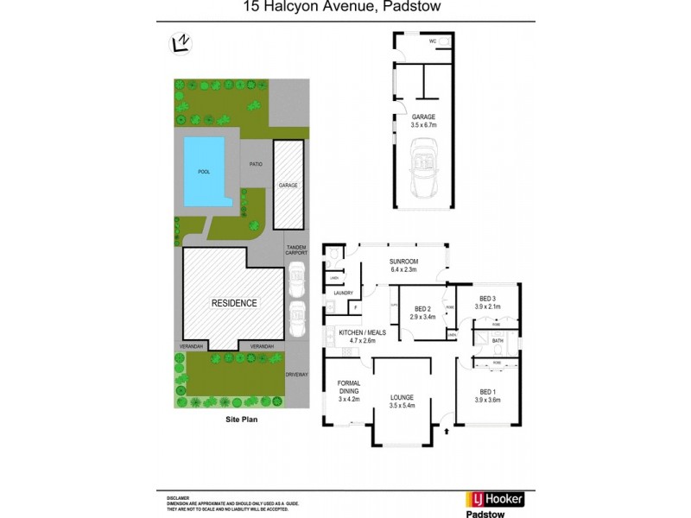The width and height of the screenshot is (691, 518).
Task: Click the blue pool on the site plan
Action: pos(205,173)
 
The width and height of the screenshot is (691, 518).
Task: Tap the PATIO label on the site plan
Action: pos(256,163)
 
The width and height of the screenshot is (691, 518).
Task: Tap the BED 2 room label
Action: pos(422,309)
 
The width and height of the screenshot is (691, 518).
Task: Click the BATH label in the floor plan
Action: pos(498,341)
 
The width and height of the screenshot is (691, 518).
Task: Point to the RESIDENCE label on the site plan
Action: pos(234,303)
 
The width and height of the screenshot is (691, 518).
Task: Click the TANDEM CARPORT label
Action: pos(296,250)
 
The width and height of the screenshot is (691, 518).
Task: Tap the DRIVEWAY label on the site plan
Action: pos(296,374)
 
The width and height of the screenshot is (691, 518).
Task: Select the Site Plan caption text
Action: pos(242,421)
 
